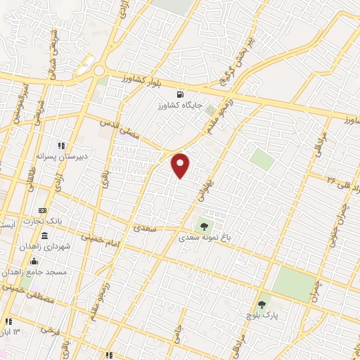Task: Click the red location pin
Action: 181,165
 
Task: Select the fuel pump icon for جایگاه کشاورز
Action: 182,95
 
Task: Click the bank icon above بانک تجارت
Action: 43,210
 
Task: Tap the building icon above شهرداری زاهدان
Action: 45,236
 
